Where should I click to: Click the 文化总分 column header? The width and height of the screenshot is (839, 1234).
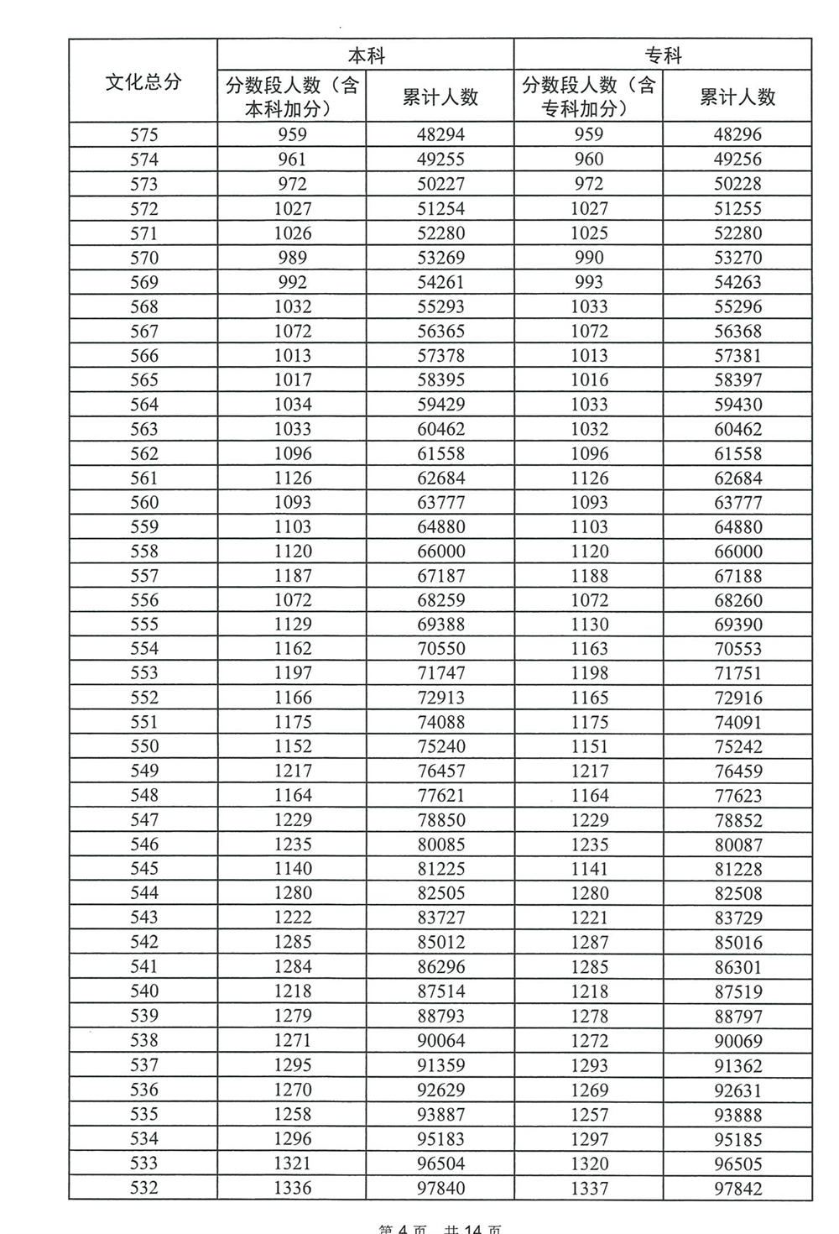click(143, 81)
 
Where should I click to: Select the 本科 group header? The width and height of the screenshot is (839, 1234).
click(366, 55)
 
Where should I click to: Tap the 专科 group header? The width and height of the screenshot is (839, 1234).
click(662, 55)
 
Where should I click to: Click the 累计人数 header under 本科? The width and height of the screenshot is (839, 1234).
click(440, 97)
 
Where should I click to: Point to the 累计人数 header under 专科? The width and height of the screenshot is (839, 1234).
click(737, 97)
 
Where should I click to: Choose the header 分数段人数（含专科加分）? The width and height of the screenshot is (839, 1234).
click(588, 97)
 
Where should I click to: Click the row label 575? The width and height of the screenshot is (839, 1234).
click(143, 134)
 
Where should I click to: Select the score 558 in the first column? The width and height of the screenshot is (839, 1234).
click(143, 552)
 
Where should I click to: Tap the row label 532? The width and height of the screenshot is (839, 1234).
click(143, 1188)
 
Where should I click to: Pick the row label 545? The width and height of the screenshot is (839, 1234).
click(143, 869)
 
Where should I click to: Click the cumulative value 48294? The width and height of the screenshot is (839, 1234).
click(440, 134)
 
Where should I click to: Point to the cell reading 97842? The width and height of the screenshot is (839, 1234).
click(738, 1188)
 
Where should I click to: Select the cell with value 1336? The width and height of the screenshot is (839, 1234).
click(292, 1188)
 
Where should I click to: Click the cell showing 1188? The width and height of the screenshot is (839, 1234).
click(589, 576)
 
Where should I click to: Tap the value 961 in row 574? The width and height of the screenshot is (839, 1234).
click(292, 159)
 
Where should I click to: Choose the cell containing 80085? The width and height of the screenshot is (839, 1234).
click(440, 844)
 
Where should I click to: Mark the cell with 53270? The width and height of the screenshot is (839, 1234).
click(738, 258)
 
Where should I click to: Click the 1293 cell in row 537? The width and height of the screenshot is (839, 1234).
click(589, 1065)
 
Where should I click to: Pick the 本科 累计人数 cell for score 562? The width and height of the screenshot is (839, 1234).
click(440, 453)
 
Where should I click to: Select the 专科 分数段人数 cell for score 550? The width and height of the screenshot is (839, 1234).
click(589, 746)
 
